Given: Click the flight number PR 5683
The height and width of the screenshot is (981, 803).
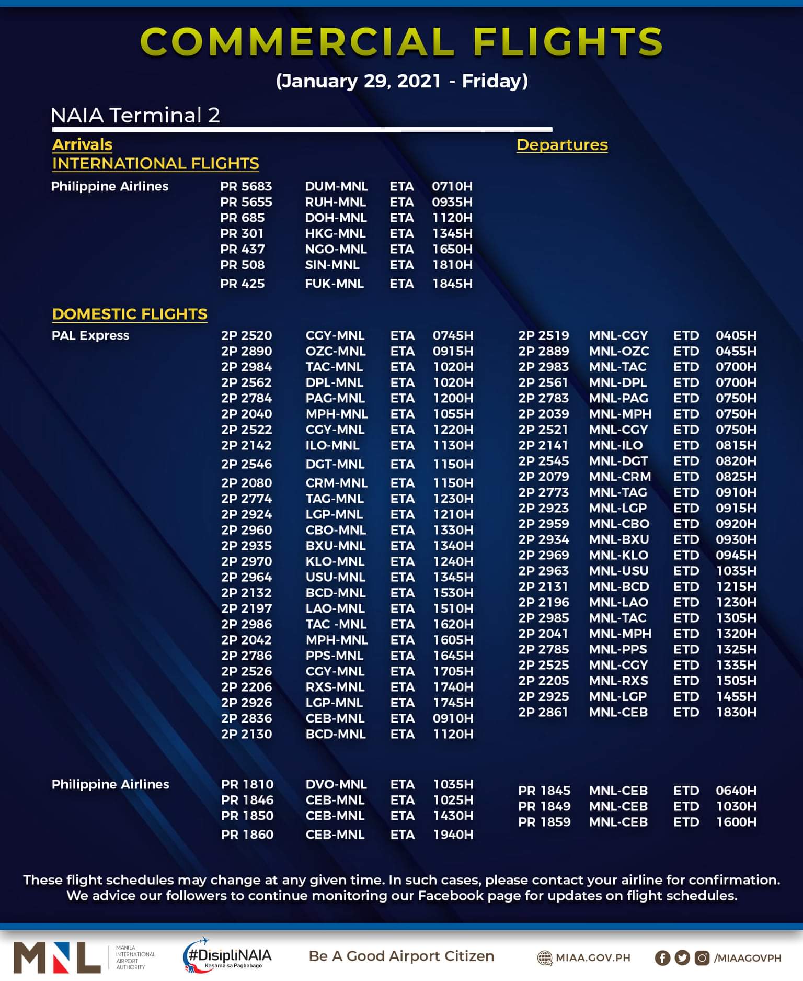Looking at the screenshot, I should pos(246,186).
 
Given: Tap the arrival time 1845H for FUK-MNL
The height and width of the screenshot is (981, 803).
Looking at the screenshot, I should pos(452,284).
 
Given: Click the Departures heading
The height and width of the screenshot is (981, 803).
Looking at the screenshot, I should pos(562,145).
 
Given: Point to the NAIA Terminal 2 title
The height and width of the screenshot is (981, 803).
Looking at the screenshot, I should pos(135,115).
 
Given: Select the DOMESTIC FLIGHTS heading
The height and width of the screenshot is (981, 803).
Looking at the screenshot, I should pos(130,314).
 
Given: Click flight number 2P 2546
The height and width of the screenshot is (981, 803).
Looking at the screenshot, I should pos(246,464).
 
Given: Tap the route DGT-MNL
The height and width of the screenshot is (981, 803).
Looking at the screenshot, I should pos(335,464).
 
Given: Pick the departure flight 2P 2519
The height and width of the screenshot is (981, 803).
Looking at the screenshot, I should pos(543,335).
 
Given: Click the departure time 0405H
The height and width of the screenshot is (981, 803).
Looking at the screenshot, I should pos(736,335).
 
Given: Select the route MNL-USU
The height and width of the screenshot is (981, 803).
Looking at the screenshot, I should pos(618,571).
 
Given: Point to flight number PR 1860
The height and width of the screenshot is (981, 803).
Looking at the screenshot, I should pos(247,835).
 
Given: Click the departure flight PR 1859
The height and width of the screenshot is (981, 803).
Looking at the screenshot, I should pos(544,822).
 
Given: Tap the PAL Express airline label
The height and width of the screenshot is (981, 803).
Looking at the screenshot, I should pos(90,335).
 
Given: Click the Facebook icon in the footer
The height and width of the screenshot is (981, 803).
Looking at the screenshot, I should pos(662,958).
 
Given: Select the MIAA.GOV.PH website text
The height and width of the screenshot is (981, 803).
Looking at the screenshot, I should pos(592,958).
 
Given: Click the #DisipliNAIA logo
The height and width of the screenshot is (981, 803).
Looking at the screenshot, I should pos(227,956).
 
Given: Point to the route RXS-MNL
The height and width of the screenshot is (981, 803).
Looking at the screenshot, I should pos(335,687).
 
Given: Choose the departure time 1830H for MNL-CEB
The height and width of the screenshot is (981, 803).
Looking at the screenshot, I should pos(736,712).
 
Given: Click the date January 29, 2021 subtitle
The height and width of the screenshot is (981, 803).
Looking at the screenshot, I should pos(401,81).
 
